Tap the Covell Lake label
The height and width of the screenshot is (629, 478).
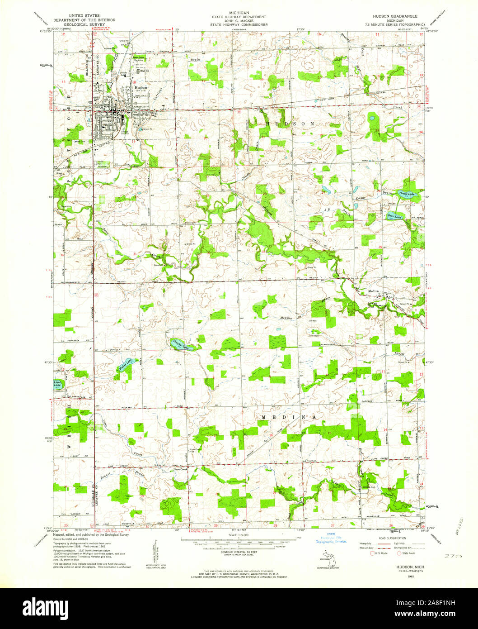(407, 193)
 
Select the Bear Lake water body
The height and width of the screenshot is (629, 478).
(394, 217)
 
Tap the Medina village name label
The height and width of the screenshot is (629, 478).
(373, 291)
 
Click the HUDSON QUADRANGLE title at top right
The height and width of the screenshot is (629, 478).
(397, 16)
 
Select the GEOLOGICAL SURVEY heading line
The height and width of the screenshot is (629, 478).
(84, 24)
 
